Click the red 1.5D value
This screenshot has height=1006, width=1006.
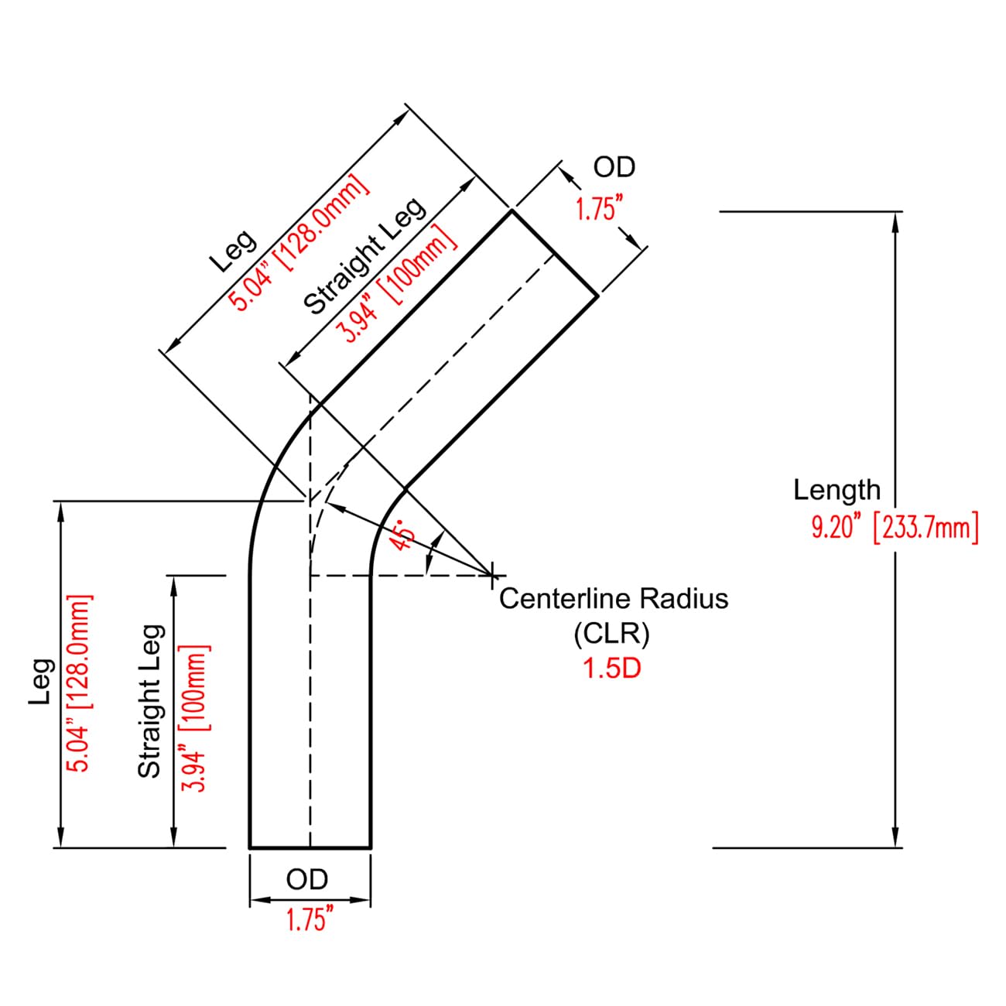612,669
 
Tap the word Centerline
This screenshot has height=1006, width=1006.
567,598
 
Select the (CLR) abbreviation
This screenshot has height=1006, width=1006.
612,634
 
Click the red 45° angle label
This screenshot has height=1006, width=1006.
404,535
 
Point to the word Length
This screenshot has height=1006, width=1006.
837,490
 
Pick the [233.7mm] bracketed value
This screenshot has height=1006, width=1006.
926,529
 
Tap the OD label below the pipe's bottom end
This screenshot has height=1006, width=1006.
307,880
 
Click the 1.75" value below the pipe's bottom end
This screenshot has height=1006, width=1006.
310,919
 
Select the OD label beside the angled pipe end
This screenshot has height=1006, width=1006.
614,167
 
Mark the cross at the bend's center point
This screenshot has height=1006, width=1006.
491,575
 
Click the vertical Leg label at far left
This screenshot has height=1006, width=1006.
41,681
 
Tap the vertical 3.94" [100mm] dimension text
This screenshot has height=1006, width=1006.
196,720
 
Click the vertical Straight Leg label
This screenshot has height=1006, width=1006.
152,701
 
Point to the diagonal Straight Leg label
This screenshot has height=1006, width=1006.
364,256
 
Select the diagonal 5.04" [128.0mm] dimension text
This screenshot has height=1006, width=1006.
299,242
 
